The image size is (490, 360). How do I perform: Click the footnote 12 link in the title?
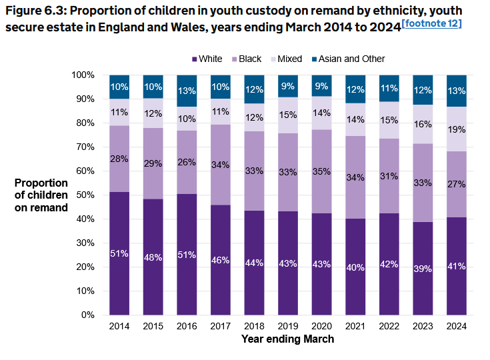coord(431,24)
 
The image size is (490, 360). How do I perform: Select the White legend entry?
coord(207,59)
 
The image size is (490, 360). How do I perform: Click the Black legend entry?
coord(246,59)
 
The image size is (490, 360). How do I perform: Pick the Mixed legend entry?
coord(285,59)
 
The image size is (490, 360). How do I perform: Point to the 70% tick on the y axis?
coord(86,147)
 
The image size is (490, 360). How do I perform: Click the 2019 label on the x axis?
coord(289,326)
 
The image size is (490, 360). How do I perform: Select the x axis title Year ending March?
coord(287,339)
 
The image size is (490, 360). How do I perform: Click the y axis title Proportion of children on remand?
coord(41,195)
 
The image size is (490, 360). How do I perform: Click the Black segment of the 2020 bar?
coord(321,171)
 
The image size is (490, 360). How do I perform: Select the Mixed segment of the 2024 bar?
coord(457,129)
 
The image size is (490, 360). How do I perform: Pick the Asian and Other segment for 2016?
coord(187,91)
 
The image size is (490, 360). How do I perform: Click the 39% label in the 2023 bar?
coord(423,268)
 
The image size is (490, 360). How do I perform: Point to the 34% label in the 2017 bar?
coord(221,165)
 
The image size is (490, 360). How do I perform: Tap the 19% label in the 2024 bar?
coord(457,130)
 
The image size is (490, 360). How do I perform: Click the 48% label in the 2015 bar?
coord(153,257)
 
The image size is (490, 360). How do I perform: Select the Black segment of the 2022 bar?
coord(389,175)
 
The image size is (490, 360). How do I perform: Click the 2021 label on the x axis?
coord(355,326)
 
